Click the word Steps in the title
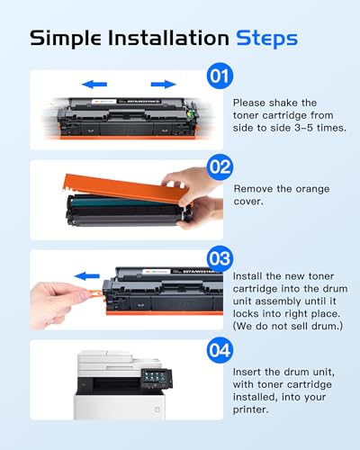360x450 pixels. tap(266, 38)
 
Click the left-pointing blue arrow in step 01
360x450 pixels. tap(94, 85)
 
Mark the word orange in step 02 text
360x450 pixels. tap(320, 188)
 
